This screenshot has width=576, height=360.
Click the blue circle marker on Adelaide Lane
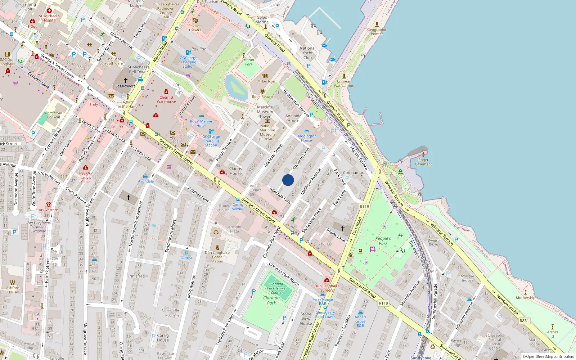[288, 180]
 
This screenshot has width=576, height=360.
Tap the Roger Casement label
[423, 162]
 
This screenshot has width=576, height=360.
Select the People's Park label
[383, 241]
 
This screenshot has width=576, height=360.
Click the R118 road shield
[364, 207]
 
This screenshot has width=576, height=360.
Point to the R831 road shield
[524, 321]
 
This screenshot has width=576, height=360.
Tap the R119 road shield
[383, 303]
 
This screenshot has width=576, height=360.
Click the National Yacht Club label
[307, 53]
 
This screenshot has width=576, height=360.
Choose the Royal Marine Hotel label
[201, 123]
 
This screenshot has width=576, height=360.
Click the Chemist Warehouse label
[166, 99]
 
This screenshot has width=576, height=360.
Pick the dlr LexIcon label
[266, 81]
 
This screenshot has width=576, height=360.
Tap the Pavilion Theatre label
[195, 28]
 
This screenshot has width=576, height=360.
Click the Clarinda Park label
[271, 300]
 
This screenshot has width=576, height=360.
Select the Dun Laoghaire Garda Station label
[217, 257]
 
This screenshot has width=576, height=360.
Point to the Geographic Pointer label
[377, 32]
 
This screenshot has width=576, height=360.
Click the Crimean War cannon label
[344, 84]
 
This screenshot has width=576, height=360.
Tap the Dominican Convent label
[54, 115]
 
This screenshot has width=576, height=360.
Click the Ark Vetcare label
[48, 210]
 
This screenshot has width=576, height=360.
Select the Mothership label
[525, 298]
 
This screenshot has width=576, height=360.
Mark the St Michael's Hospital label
[49, 18]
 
